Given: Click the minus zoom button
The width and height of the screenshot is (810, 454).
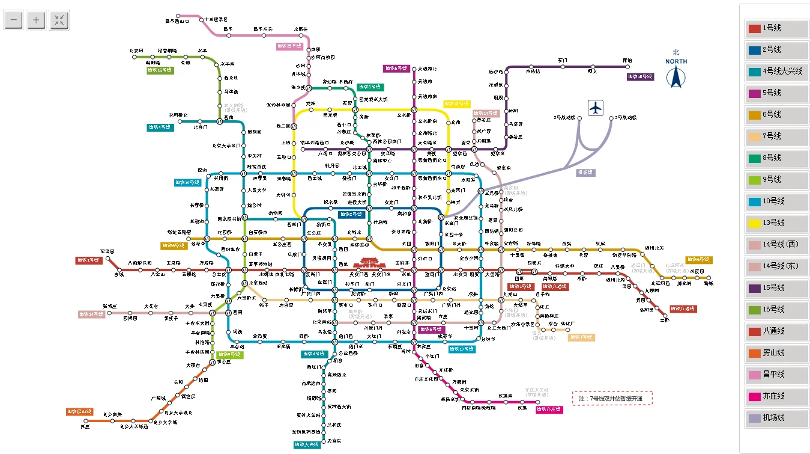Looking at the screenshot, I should point(14,20).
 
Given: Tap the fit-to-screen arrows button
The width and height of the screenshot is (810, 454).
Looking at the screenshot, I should point(59,20).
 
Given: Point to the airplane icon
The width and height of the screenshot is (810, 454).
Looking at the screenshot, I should point(595,108).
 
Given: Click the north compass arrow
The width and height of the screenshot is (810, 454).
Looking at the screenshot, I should point(677,78).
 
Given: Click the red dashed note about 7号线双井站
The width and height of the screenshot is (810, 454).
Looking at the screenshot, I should point(611,399).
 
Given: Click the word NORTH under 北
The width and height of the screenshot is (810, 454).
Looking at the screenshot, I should point(677,61).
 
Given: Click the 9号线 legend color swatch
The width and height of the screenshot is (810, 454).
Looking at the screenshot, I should point(754,180).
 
